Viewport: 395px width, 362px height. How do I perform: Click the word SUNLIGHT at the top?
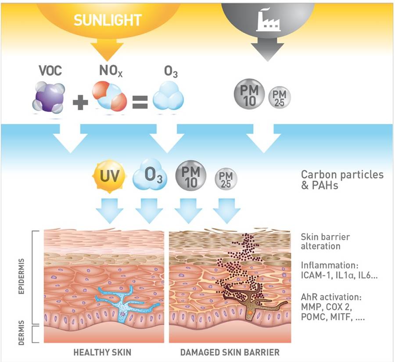[x=108, y=20]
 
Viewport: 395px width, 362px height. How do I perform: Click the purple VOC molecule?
[x=48, y=97]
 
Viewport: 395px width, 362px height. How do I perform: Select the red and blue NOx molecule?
[x=109, y=96]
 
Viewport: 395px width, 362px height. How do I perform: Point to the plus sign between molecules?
[x=80, y=102]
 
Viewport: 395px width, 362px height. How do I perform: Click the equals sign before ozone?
[x=140, y=102]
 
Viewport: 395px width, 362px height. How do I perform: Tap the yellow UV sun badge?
[x=109, y=176]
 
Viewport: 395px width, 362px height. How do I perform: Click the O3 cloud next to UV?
[x=150, y=174]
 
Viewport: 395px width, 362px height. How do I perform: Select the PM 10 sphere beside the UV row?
[x=191, y=176]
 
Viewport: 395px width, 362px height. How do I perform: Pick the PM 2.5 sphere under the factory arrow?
[x=280, y=97]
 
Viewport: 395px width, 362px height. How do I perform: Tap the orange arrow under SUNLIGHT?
[x=107, y=50]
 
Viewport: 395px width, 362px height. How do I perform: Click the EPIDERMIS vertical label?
[x=22, y=276]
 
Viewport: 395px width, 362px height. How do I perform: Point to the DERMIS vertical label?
[x=22, y=333]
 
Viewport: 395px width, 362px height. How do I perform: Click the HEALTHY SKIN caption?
[x=102, y=352]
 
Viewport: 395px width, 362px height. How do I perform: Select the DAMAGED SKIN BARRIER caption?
[x=230, y=352]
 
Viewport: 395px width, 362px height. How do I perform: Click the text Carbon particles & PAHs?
[x=342, y=179]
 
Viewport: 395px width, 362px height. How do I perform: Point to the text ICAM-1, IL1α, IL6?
[x=339, y=275]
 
